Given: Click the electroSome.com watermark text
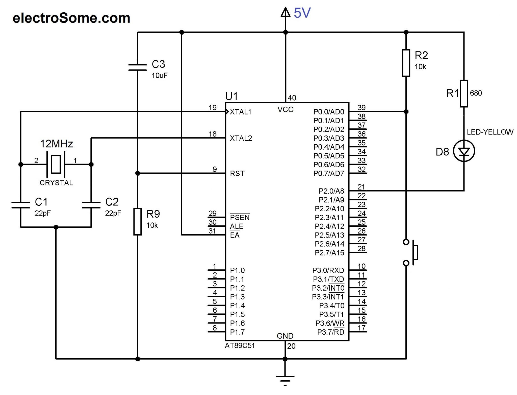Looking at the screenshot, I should [x=71, y=18].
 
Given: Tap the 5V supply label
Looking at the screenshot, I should [x=302, y=13].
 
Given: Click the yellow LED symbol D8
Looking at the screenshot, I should [x=464, y=151].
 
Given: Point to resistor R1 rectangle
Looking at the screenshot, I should [x=464, y=94].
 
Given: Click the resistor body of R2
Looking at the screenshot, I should [x=406, y=63].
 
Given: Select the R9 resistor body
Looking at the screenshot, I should [x=137, y=222].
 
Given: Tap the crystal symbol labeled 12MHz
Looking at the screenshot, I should [x=56, y=164].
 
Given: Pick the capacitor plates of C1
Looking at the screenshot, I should [x=21, y=205].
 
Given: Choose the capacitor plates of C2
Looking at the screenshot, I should [x=91, y=205].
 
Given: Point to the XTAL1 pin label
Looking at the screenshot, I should [x=241, y=112].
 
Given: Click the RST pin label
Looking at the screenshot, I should [x=237, y=174].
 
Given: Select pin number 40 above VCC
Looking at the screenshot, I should [x=292, y=98].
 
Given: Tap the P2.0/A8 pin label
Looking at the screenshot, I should [x=331, y=191].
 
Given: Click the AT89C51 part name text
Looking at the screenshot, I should [x=240, y=346].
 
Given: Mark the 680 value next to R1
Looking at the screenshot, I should [x=476, y=93].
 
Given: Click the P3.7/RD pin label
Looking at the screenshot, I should [x=330, y=332].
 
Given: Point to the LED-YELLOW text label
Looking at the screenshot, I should [x=490, y=132].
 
